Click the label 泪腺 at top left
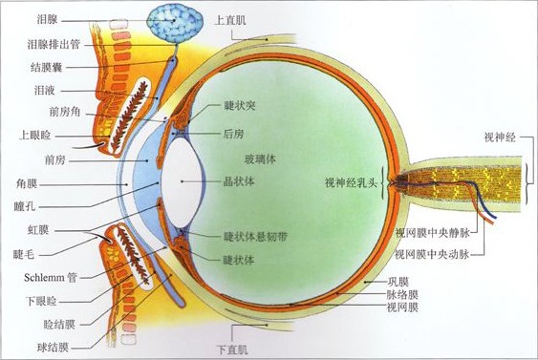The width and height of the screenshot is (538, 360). [47, 19]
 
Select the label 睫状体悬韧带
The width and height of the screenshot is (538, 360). [253, 237]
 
